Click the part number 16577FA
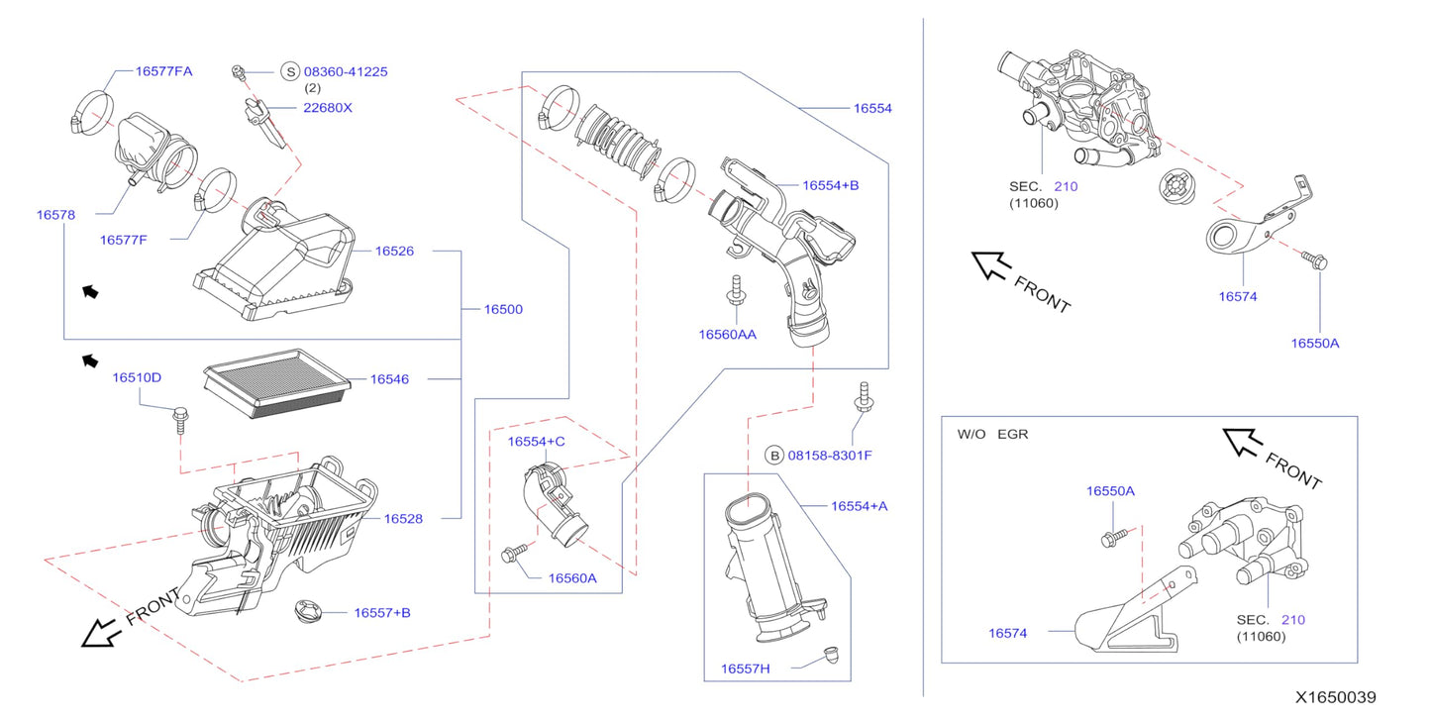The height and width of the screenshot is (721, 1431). click(x=163, y=71)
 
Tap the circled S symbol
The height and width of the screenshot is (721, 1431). click(x=289, y=71)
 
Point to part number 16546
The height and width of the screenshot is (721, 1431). click(x=389, y=379)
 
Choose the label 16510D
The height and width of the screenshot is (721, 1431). click(x=136, y=377)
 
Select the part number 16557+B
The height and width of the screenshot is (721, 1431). click(x=381, y=613)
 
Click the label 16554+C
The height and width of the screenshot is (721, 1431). click(x=536, y=441)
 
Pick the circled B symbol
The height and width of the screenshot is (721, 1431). click(x=774, y=456)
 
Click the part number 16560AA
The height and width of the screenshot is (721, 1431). click(x=727, y=335)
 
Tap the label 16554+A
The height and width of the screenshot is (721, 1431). click(x=859, y=506)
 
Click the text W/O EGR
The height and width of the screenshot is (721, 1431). click(x=992, y=434)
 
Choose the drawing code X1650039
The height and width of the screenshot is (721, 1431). click(x=1337, y=698)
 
